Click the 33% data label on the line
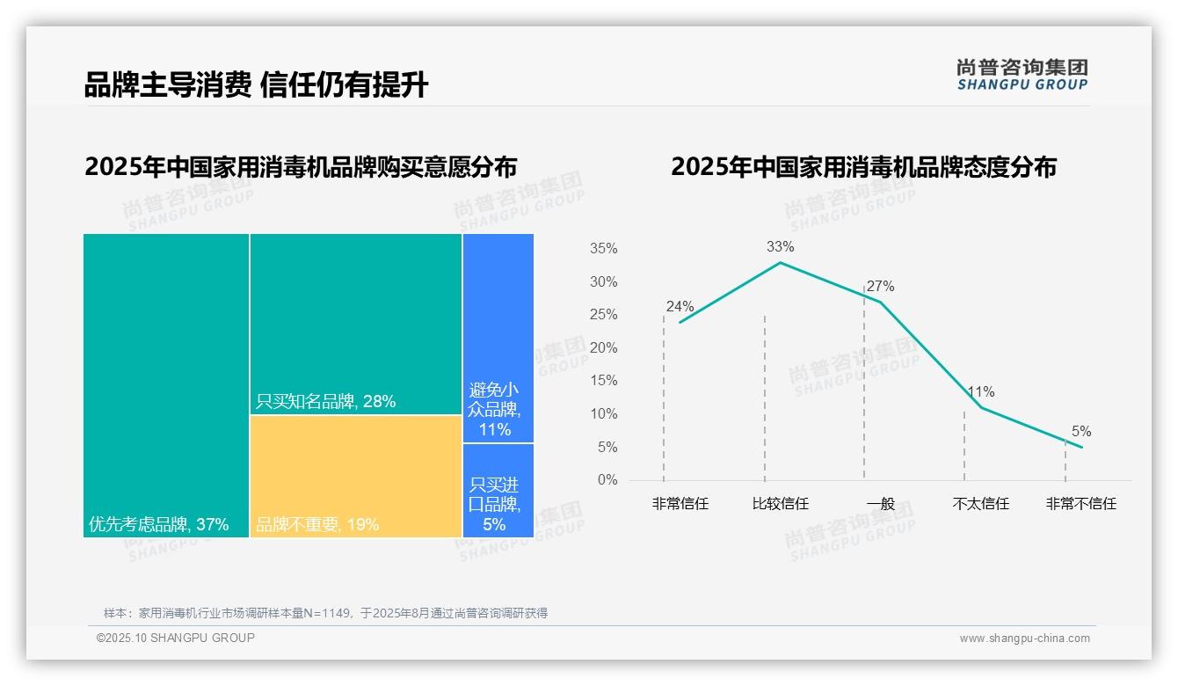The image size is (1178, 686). click(x=780, y=246)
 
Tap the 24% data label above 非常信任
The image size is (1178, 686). click(x=680, y=307)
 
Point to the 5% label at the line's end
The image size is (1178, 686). click(x=1080, y=431)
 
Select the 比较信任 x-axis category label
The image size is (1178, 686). click(x=780, y=504)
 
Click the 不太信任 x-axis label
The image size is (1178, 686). click(x=980, y=504)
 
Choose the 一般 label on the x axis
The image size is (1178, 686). click(x=880, y=504)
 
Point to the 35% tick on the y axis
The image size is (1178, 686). click(x=603, y=249)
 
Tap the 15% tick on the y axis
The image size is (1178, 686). click(x=603, y=381)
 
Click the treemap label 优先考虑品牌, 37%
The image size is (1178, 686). click(x=158, y=525)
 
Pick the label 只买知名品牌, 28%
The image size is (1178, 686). click(x=325, y=402)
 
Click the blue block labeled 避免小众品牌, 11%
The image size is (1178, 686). click(x=498, y=339)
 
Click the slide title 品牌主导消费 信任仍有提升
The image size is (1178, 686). click(x=256, y=85)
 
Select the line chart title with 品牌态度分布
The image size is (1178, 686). click(x=863, y=167)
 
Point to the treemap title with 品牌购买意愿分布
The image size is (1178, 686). click(x=301, y=167)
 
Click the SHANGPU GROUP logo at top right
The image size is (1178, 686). click(x=1022, y=75)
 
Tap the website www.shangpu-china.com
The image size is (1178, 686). click(x=1024, y=639)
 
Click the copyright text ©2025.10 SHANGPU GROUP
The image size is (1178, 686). click(x=176, y=639)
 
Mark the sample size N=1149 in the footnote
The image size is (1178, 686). click(x=332, y=613)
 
